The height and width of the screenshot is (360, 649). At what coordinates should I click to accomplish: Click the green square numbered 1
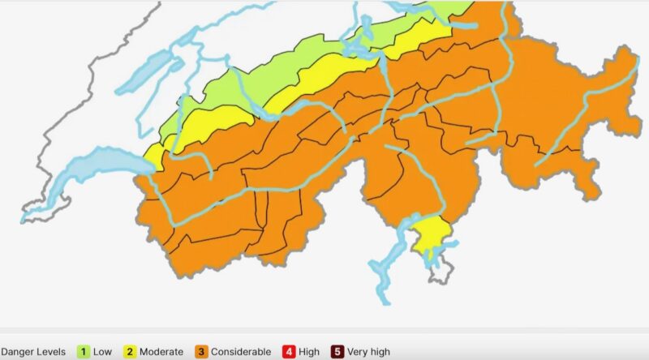(x=83, y=352)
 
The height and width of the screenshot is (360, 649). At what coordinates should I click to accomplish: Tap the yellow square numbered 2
(x=129, y=352)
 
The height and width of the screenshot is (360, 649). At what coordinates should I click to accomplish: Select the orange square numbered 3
(x=200, y=352)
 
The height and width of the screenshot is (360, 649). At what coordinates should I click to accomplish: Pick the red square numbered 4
(x=287, y=352)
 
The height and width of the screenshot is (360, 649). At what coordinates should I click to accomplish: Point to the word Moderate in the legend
(x=161, y=352)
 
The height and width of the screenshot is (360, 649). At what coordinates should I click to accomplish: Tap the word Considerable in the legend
(x=241, y=352)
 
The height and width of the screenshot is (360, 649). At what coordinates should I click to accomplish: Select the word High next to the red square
(x=308, y=352)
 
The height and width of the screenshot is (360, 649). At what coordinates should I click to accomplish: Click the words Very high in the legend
(x=369, y=352)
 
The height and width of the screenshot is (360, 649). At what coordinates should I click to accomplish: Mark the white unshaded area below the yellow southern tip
(x=441, y=272)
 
